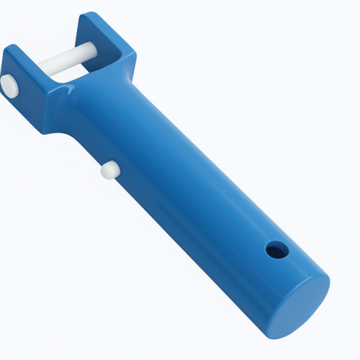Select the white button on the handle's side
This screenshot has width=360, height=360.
109,170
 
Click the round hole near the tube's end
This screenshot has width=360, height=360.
276,251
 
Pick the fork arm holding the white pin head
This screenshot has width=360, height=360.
29,90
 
